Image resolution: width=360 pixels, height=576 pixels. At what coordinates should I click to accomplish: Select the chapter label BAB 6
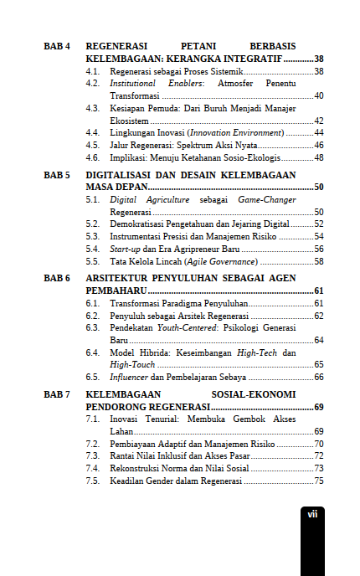click(57, 277)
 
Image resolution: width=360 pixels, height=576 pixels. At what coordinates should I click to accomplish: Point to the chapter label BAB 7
click(57, 393)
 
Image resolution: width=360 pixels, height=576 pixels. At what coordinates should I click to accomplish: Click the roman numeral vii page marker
click(311, 514)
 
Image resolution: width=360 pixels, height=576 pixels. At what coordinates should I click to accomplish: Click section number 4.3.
click(93, 109)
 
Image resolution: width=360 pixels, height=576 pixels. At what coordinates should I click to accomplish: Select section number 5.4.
click(93, 249)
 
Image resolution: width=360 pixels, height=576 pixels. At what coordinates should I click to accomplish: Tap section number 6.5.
click(93, 377)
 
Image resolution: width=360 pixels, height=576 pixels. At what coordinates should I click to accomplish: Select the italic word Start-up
click(125, 249)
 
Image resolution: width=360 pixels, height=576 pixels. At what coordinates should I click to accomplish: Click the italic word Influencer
click(128, 377)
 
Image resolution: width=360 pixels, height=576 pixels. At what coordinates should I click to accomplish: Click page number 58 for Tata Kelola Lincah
click(318, 261)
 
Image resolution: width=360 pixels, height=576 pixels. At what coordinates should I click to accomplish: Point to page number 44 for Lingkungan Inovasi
click(318, 133)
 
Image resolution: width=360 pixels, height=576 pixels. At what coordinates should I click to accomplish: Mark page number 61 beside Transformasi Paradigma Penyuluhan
click(318, 303)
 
